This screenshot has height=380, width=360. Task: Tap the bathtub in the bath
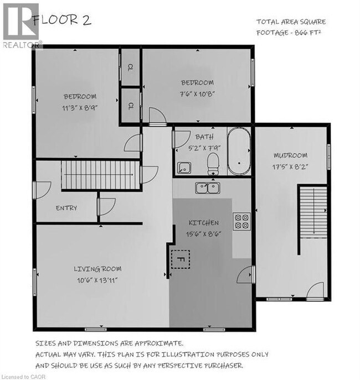(239, 152)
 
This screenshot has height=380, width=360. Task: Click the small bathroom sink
(184, 166)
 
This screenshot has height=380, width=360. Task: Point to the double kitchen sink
(208, 188)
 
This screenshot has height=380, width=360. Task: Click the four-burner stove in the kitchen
(241, 221)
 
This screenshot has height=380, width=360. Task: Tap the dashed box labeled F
(179, 258)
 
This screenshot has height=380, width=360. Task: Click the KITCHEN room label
(204, 223)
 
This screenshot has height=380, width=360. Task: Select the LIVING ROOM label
(97, 269)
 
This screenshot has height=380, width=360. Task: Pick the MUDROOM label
(290, 155)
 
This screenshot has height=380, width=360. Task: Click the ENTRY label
(66, 208)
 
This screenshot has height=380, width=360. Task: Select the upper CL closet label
(130, 68)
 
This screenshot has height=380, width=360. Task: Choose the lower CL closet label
(130, 105)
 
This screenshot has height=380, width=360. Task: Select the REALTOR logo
(21, 25)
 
